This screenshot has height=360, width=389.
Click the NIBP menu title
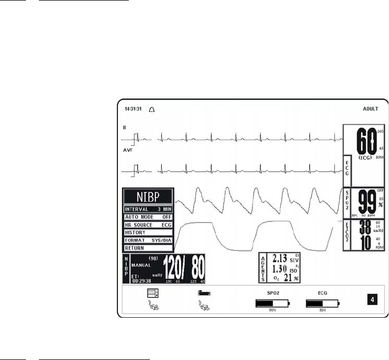pyautogui.click(x=148, y=197)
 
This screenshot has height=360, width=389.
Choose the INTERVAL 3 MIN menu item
pyautogui.click(x=148, y=209)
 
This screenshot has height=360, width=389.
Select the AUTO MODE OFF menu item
pyautogui.click(x=148, y=217)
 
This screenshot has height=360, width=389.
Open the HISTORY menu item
pyautogui.click(x=148, y=232)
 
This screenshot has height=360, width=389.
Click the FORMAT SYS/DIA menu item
pyautogui.click(x=148, y=240)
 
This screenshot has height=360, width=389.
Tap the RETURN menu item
pyautogui.click(x=148, y=248)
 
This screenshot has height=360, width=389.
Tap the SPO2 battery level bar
pyautogui.click(x=273, y=304)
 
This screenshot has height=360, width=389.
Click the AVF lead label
pyautogui.click(x=128, y=150)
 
